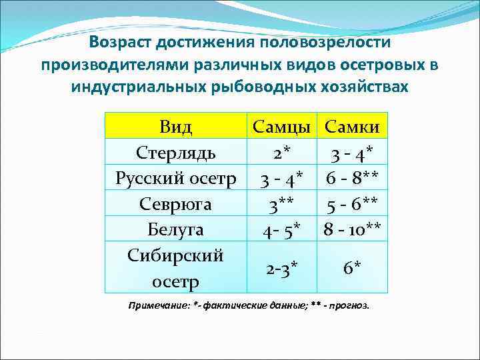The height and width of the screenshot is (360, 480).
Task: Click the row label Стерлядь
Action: [x=176, y=152]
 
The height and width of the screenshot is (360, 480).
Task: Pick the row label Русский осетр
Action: [x=176, y=178]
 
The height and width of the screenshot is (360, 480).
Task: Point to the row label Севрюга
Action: [x=176, y=204]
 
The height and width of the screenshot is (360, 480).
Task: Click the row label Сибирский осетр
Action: [x=176, y=268]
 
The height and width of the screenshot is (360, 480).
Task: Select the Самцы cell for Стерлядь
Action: [x=283, y=153]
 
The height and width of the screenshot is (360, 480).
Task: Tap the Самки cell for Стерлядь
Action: [x=352, y=153]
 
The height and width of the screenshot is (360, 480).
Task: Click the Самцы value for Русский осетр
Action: [x=283, y=179]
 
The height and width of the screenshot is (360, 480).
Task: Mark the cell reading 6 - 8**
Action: [x=352, y=179]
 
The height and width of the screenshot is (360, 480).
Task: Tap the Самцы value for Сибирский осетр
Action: [x=283, y=269]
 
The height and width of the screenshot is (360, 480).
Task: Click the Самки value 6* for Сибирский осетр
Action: [x=352, y=269]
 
